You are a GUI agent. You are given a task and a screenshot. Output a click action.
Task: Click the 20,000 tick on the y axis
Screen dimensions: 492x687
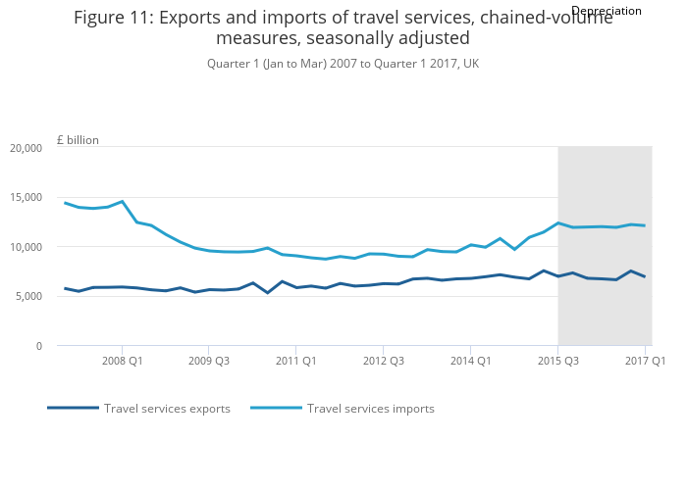[26, 148]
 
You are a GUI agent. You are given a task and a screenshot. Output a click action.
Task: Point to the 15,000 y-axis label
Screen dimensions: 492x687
[26, 197]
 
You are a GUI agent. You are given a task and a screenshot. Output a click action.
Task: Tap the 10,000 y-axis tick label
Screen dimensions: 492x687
[26, 247]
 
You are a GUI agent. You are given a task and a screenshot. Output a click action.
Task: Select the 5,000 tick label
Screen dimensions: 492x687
[28, 296]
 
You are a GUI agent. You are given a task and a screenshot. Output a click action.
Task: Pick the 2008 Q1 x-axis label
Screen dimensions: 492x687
[122, 361]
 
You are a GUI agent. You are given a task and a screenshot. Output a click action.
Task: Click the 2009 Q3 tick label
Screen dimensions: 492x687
[209, 361]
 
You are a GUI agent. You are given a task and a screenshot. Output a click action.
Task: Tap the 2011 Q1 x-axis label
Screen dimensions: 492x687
[295, 361]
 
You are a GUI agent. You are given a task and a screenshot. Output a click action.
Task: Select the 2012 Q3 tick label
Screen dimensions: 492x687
[384, 361]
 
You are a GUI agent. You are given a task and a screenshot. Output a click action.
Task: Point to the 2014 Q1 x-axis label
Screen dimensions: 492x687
[470, 361]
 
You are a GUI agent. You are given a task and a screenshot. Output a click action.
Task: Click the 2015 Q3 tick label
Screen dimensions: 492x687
[557, 361]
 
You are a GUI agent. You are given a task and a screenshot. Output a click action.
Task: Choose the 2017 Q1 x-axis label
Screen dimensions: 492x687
[645, 361]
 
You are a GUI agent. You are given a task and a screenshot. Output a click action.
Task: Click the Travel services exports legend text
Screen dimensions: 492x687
[167, 409]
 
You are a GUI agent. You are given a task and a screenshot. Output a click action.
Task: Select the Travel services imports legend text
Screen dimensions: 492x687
[370, 409]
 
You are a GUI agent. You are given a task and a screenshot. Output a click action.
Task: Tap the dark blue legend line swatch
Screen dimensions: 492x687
[73, 408]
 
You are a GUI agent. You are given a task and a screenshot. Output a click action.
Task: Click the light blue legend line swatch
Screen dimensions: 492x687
[276, 408]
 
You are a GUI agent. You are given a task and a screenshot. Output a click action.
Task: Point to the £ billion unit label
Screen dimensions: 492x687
[78, 140]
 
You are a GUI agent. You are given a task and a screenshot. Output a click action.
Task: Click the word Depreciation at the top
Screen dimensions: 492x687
[606, 11]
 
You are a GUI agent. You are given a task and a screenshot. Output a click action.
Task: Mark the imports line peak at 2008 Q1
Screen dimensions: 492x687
[122, 201]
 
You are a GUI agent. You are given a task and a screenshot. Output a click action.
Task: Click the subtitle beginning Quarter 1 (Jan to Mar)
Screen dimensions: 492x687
[343, 64]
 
